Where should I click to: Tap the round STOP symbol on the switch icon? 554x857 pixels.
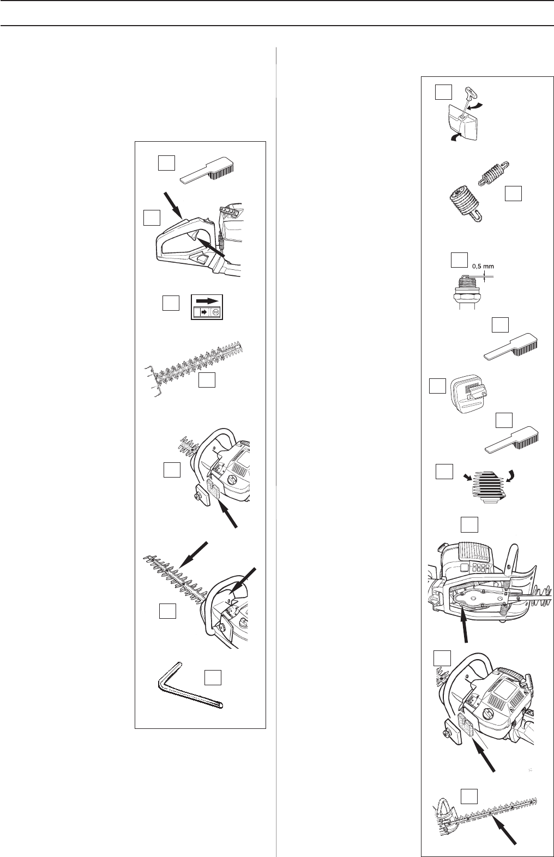pyautogui.click(x=216, y=313)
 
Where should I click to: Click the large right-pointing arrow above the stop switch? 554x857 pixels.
pyautogui.click(x=208, y=300)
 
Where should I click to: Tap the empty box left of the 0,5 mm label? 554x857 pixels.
pyautogui.click(x=459, y=259)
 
